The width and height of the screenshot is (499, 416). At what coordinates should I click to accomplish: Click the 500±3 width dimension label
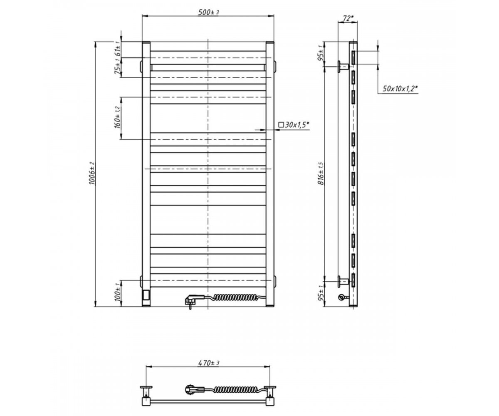point(208,12)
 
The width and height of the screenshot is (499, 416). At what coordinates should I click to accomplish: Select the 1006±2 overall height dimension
point(92,173)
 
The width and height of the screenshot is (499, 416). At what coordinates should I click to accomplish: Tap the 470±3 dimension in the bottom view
point(208,363)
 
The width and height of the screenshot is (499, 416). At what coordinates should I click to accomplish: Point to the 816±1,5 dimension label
point(321,173)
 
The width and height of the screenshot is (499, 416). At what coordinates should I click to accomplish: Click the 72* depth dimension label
point(348,18)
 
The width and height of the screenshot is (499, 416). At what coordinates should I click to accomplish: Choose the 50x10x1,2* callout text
point(400,89)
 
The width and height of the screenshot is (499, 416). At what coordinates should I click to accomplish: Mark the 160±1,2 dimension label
point(118,117)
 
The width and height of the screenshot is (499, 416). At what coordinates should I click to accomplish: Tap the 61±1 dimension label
point(117,49)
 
